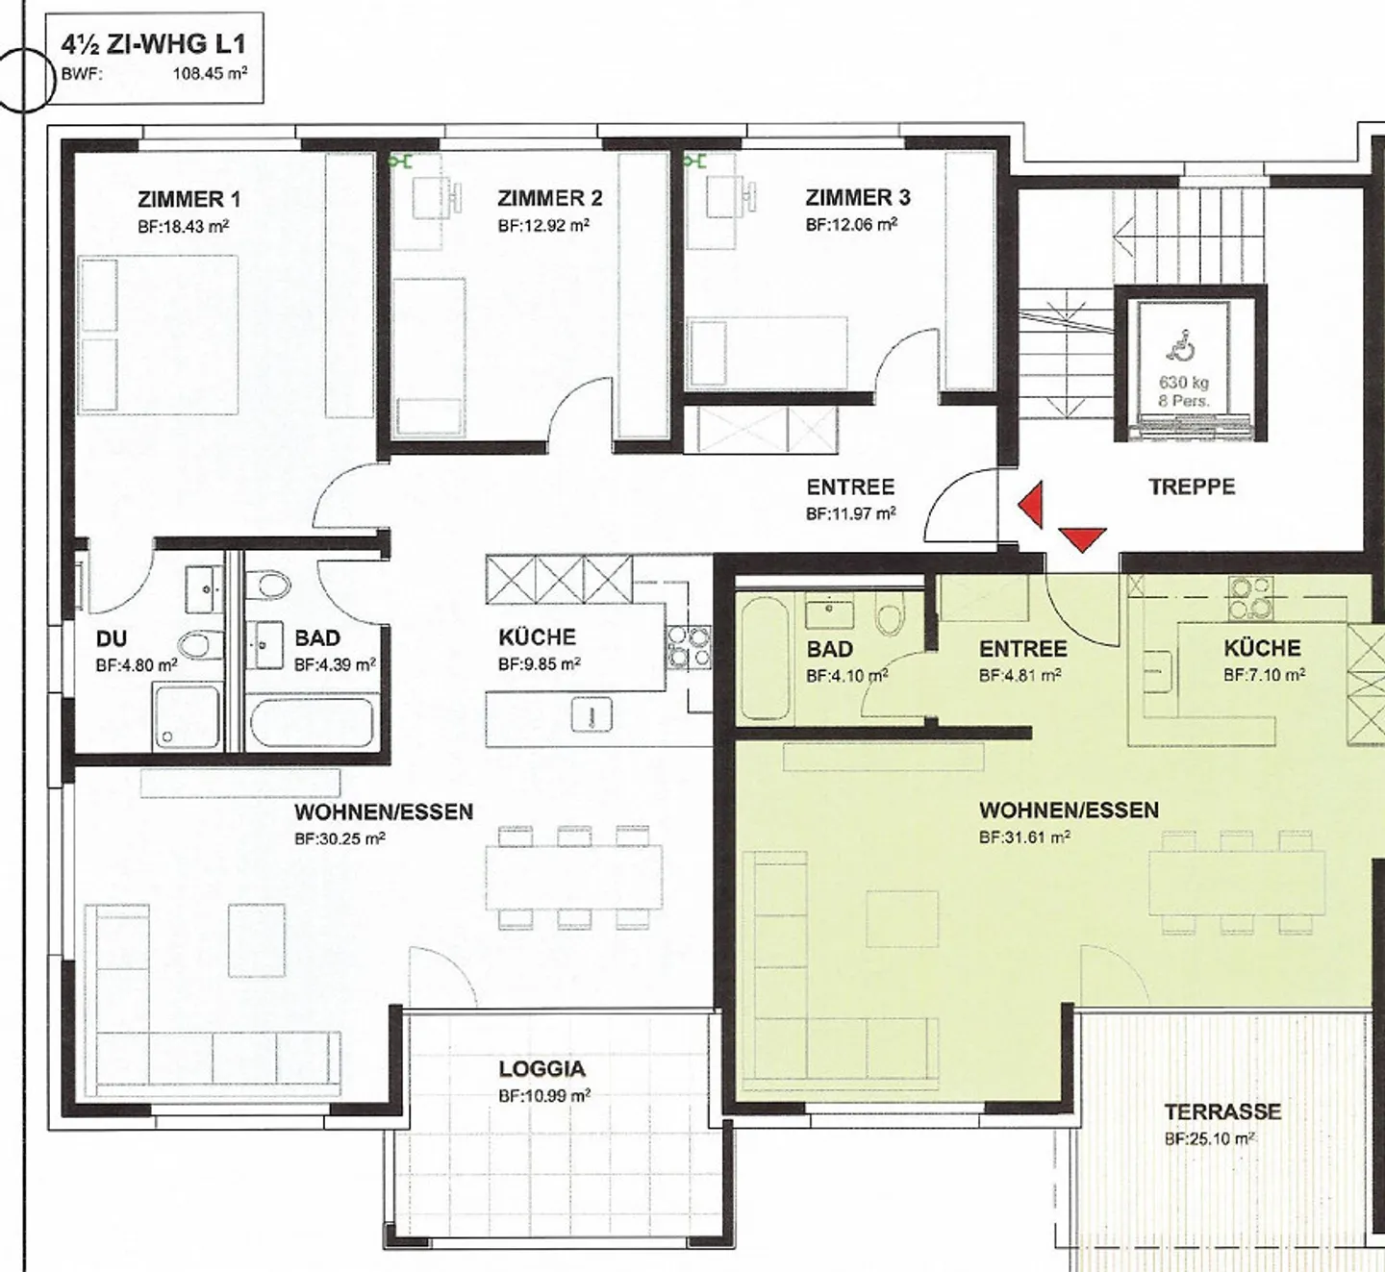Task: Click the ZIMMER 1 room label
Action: tap(189, 199)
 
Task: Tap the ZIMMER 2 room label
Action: tap(549, 199)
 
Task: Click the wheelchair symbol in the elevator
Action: tap(1183, 344)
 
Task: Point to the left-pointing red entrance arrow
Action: tap(1030, 504)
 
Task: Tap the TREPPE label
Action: tap(1192, 487)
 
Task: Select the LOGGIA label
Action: tap(542, 1069)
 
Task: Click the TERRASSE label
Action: tap(1222, 1111)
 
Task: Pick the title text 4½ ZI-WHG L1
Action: tap(153, 44)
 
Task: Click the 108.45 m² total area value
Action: tap(210, 74)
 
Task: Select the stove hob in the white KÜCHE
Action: tap(689, 647)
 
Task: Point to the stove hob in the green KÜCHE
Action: tap(1251, 598)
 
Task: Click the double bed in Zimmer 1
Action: tap(159, 335)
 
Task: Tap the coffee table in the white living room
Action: tap(257, 940)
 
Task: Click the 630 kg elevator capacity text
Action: tap(1183, 383)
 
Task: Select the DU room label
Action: tap(112, 639)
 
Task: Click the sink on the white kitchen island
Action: tap(592, 713)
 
